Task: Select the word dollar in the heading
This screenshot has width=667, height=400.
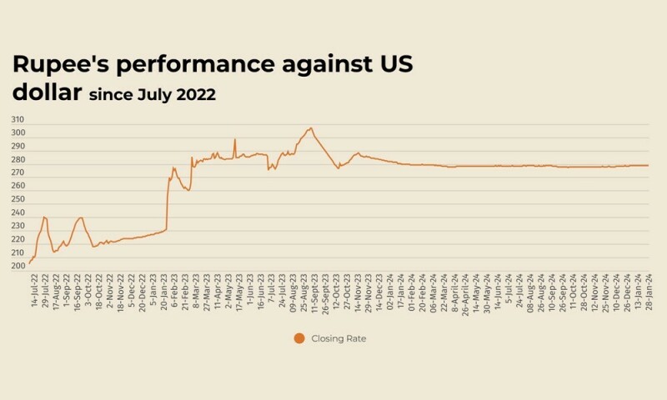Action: tap(45, 94)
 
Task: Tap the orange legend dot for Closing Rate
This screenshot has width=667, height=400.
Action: tap(298, 337)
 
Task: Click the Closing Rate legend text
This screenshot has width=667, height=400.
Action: tap(339, 337)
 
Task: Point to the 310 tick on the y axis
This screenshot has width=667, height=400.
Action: tap(18, 120)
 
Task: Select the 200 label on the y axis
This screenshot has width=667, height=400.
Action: tap(18, 266)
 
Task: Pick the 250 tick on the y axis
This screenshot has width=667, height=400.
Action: tap(18, 199)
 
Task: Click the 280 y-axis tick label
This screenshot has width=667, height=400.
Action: tap(18, 159)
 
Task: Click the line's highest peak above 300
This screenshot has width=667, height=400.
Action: tap(311, 128)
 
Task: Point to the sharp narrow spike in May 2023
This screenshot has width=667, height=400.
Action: tap(235, 139)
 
